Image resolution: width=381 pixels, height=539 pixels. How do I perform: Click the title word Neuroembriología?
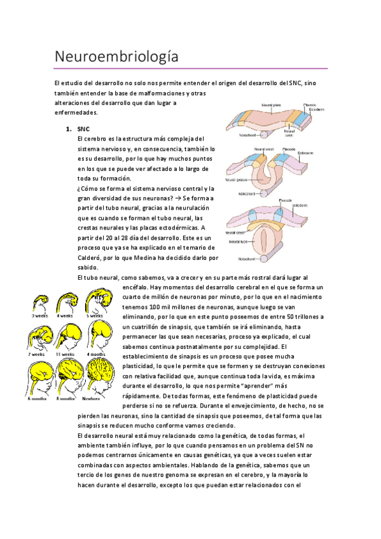pos(116,57)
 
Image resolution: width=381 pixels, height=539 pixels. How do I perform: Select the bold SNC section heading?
pos(83,129)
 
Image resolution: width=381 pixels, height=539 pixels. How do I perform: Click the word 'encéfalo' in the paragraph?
pos(130,287)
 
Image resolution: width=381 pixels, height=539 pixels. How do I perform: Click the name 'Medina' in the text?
pos(148,258)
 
